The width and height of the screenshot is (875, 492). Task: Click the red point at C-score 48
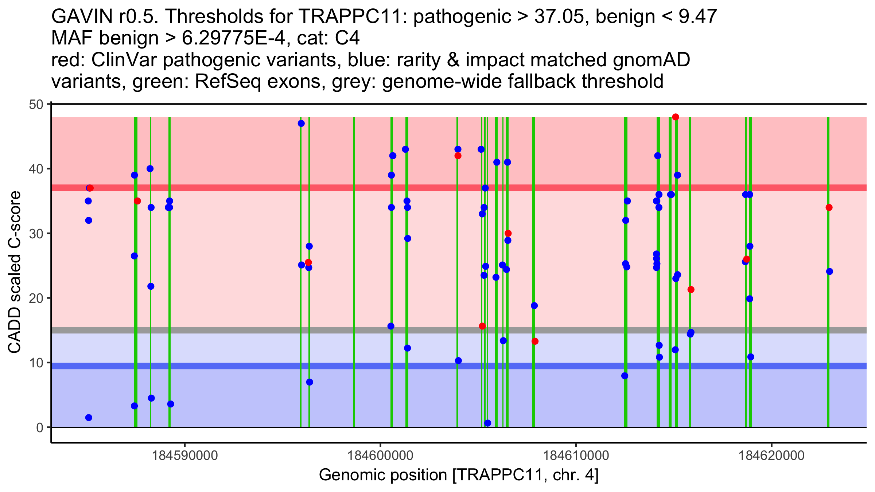[x=676, y=117]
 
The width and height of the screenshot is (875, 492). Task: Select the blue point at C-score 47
[x=301, y=124]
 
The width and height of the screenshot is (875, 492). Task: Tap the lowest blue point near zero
[x=488, y=423]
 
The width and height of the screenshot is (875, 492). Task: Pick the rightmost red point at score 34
[x=829, y=208]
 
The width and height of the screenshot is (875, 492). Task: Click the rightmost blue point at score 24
[x=829, y=272]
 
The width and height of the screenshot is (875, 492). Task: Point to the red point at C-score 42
[x=458, y=156]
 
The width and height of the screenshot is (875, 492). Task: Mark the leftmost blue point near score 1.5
[x=89, y=418]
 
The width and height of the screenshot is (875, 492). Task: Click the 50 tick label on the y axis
[x=36, y=105]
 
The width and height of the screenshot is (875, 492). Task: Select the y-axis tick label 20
[x=36, y=298]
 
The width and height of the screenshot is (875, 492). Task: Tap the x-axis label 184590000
[x=185, y=456]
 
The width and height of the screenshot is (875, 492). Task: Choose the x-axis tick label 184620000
[x=771, y=456]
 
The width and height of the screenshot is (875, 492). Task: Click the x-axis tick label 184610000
[x=576, y=456]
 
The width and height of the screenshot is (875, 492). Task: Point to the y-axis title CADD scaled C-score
[x=15, y=272]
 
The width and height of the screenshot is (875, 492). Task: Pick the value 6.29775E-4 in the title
[x=233, y=38]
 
